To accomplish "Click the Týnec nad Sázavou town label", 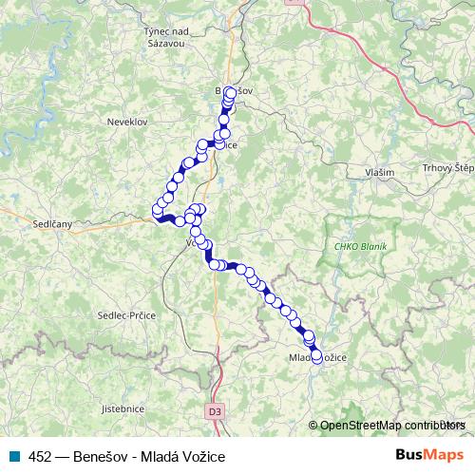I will pyautogui.click(x=166, y=37).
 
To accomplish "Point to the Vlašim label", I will pyautogui.click(x=379, y=173).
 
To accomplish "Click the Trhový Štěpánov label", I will pyautogui.click(x=449, y=168).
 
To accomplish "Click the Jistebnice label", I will pyautogui.click(x=123, y=408).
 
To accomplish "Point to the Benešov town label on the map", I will pyautogui.click(x=235, y=90).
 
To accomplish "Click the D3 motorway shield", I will pyautogui.click(x=215, y=411).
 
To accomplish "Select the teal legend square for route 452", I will pyautogui.click(x=14, y=456).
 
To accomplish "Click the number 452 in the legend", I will pyautogui.click(x=40, y=456).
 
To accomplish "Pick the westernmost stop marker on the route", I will pyautogui.click(x=158, y=210).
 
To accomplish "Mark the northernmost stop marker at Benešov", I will pyautogui.click(x=230, y=92).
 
